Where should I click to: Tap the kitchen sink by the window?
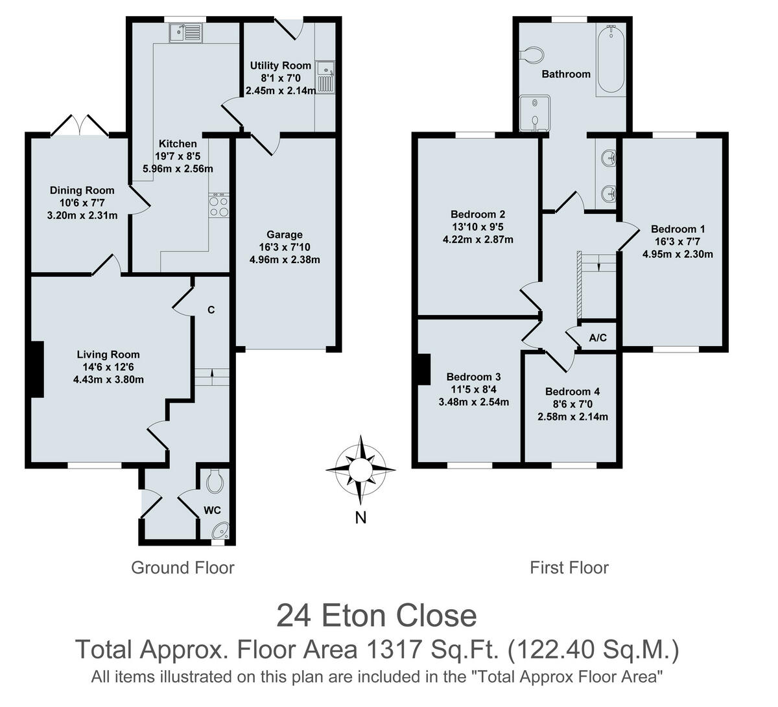point(185,33)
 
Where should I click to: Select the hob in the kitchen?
point(218,205)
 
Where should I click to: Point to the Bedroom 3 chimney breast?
point(423,369)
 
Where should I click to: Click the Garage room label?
point(285,235)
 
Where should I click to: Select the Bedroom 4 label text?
point(572,391)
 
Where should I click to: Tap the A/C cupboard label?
point(598,338)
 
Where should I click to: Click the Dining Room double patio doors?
point(78,125)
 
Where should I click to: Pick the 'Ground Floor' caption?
point(182,568)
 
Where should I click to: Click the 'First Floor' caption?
point(569,568)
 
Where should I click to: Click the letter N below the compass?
point(361,517)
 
